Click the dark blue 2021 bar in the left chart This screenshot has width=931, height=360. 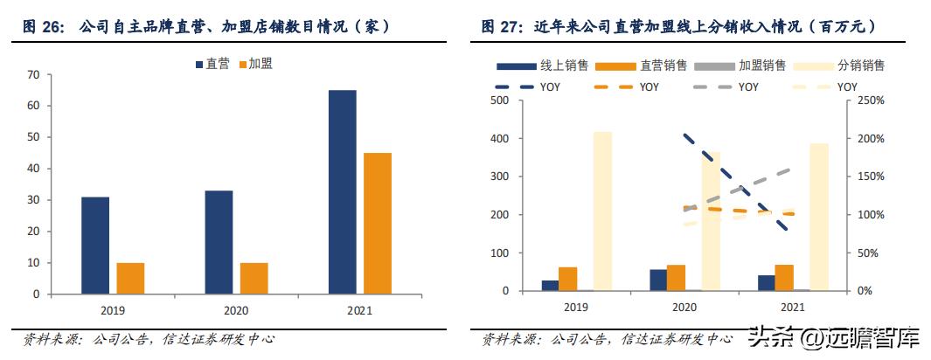tap(343, 191)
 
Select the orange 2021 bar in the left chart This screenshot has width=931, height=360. tap(378, 223)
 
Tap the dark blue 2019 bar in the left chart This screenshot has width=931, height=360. tap(95, 245)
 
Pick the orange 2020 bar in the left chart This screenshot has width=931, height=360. tap(254, 278)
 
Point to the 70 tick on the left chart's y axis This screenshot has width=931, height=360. tap(34, 74)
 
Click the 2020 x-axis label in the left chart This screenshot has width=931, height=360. tap(236, 308)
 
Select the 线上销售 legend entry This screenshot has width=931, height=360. tap(542, 66)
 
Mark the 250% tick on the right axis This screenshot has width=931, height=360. tap(872, 100)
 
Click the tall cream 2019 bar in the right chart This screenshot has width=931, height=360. tap(602, 211)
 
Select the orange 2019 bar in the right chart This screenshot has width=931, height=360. tap(568, 279)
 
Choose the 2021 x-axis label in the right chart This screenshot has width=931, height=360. tap(792, 307)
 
